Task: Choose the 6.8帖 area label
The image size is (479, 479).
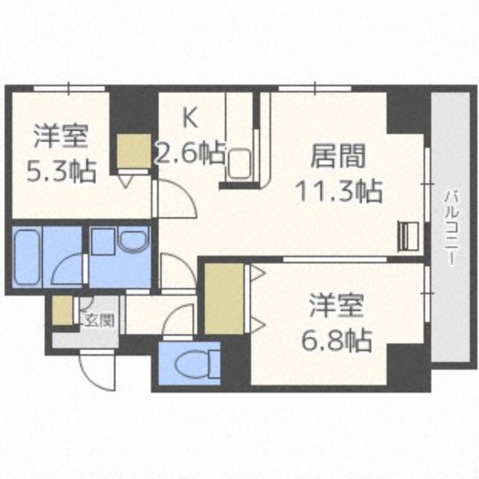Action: (x=336, y=341)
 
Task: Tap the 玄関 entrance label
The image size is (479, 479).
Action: (x=99, y=320)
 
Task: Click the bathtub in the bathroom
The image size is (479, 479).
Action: (x=26, y=256)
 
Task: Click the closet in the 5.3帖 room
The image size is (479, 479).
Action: (x=133, y=151)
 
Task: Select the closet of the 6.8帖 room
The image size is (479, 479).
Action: (x=224, y=298)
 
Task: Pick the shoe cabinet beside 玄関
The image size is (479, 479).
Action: (x=62, y=310)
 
